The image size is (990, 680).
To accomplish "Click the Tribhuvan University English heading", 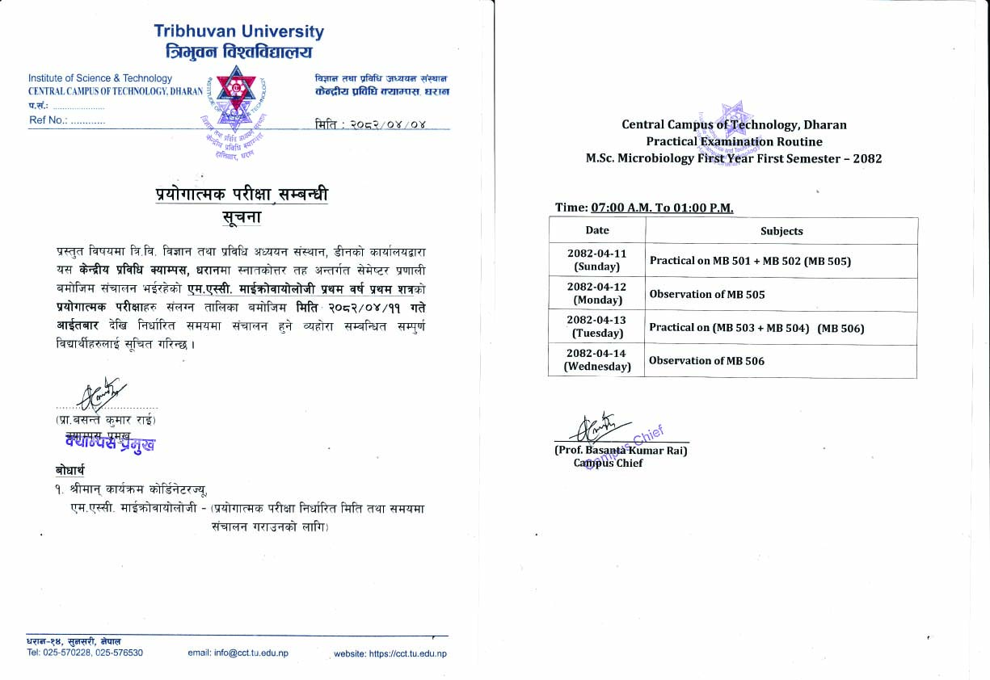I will [238, 32].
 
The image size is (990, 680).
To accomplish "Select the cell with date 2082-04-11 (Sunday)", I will [597, 260].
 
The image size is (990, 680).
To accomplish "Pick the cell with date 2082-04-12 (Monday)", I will [597, 293].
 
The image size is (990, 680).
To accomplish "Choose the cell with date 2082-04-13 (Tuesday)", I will [597, 327].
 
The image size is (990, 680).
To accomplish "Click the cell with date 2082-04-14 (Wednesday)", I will [597, 361].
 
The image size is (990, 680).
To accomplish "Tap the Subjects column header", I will [781, 231].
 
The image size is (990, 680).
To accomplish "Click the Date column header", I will [597, 231].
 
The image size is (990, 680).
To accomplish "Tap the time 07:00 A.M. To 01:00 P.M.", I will [662, 208].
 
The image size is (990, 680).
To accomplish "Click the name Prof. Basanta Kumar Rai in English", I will [621, 451].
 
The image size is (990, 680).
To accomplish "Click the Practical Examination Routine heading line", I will [734, 141].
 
